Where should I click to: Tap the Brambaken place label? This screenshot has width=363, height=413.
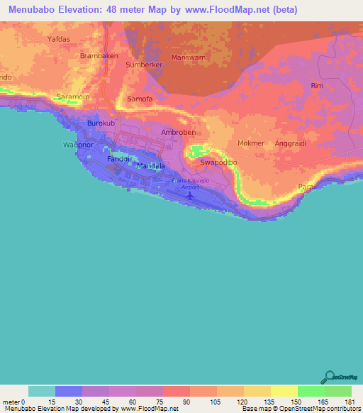(99, 55)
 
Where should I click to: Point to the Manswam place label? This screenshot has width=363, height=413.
(188, 57)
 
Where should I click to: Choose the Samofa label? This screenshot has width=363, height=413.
(139, 99)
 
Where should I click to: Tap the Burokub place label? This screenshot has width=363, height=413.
(100, 123)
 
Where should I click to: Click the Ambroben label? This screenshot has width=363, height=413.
(177, 133)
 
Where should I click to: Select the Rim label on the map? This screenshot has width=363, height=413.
(317, 85)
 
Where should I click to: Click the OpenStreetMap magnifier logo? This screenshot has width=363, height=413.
(329, 377)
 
